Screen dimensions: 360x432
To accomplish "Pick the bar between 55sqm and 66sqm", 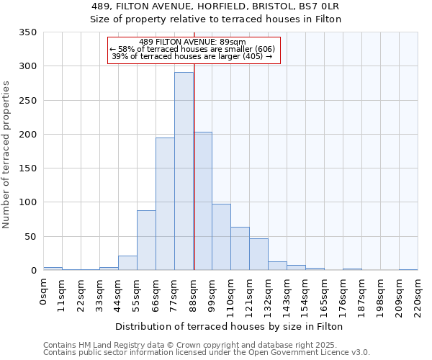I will pos(146,240).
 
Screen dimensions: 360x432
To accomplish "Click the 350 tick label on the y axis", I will pos(27,32).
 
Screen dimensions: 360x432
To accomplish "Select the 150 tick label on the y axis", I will pos(27,168).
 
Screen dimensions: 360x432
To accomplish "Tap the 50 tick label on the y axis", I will pos(30,236).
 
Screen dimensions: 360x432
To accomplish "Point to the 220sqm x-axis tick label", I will pos(418,294).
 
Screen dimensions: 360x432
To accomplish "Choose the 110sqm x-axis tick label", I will pos(230,294).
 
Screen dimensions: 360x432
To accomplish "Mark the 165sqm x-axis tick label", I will pos(324,294).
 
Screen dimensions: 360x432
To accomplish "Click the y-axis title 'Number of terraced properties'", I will pos(6,155).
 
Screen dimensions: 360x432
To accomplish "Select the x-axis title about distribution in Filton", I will pos(230,326).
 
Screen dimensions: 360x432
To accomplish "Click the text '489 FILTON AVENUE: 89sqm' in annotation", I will pos(192,42).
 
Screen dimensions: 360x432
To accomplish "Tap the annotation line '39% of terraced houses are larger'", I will pos(192,57).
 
